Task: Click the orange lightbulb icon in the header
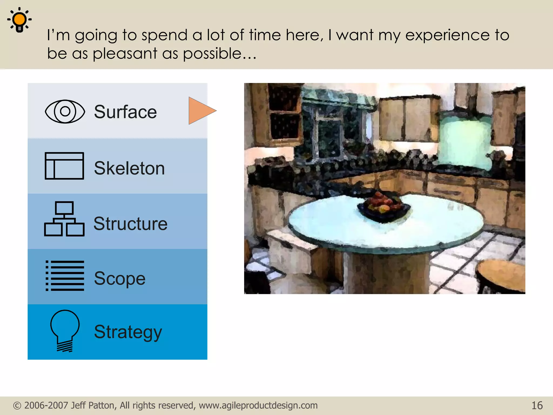click(19, 20)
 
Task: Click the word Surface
click(125, 112)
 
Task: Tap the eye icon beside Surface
click(65, 111)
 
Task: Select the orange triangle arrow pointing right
click(201, 111)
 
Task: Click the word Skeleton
click(129, 168)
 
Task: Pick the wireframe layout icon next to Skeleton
click(64, 166)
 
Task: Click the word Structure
click(130, 224)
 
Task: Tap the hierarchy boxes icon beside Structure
click(64, 219)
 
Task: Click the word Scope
click(120, 279)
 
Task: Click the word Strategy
click(128, 332)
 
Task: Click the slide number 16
click(537, 406)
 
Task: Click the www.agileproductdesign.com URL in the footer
click(258, 406)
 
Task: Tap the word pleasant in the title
click(125, 53)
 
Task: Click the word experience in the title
click(447, 35)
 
